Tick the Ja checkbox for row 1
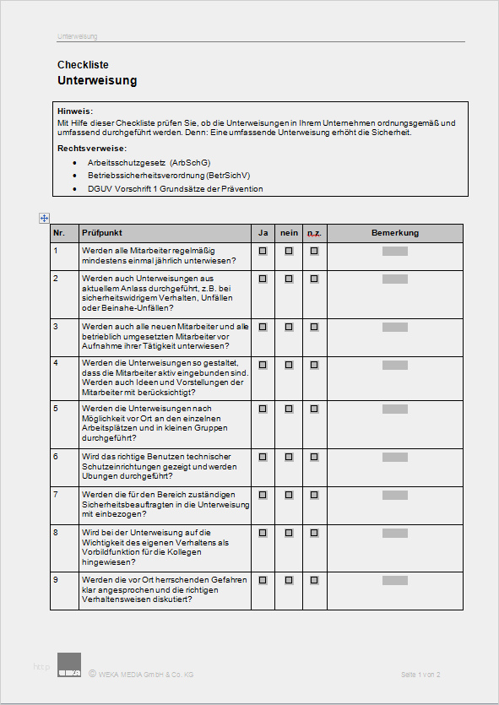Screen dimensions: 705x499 click(x=263, y=251)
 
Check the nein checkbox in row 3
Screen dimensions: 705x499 click(x=289, y=326)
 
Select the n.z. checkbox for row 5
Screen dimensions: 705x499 click(x=314, y=409)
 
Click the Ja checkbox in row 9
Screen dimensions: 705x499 click(x=263, y=581)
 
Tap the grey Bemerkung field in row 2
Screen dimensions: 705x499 click(x=395, y=279)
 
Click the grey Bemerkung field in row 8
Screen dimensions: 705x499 click(x=395, y=533)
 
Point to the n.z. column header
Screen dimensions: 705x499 click(x=314, y=232)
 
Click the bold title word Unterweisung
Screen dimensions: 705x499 click(x=97, y=81)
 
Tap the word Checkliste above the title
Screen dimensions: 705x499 click(x=83, y=65)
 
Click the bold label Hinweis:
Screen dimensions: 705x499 click(x=75, y=111)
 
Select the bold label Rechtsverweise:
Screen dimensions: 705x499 click(x=92, y=149)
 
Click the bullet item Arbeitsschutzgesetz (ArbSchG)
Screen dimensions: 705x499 click(x=149, y=162)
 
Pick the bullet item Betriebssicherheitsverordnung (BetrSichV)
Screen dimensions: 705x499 click(x=169, y=176)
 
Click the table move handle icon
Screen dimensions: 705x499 click(x=44, y=218)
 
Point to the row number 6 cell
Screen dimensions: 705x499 click(x=56, y=457)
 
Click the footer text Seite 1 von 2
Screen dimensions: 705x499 click(x=420, y=675)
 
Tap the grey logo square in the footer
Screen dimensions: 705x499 click(x=69, y=664)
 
